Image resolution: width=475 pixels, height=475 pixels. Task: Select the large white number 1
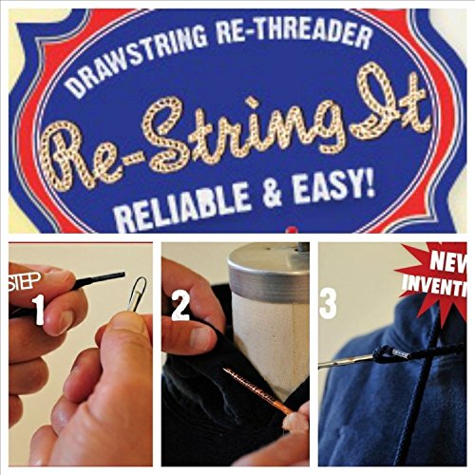(39, 310)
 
